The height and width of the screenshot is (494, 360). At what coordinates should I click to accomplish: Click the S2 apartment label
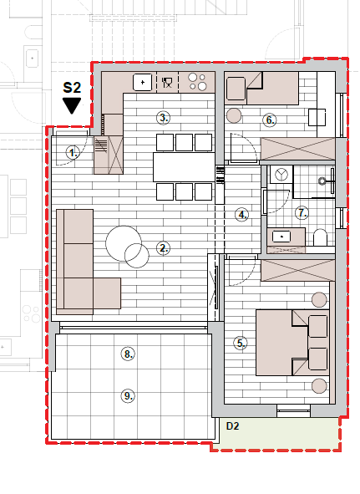[72, 88]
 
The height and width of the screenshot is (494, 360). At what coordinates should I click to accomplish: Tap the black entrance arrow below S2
[72, 105]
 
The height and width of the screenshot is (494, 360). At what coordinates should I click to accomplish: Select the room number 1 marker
[73, 153]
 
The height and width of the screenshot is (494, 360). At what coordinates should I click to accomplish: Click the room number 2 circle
[163, 248]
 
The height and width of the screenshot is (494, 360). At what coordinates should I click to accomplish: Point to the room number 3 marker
[163, 118]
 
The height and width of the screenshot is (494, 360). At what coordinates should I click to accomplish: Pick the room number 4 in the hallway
[241, 215]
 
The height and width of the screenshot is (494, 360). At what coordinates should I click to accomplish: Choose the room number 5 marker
[241, 343]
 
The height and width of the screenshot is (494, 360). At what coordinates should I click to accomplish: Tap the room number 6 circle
[270, 120]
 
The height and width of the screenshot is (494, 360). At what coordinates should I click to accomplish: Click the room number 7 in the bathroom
[302, 213]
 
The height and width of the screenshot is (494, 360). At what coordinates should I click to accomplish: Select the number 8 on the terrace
[128, 354]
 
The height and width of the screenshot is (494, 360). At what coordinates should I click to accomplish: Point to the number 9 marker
[128, 395]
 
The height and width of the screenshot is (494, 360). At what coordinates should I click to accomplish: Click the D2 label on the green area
[233, 426]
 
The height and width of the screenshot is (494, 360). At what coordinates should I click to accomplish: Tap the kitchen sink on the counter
[142, 82]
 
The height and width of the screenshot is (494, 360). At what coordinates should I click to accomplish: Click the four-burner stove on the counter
[197, 82]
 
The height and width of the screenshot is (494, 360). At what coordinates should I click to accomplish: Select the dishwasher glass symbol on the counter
[167, 83]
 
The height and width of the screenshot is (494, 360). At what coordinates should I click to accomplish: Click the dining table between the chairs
[185, 167]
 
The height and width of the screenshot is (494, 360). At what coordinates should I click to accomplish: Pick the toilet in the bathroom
[321, 237]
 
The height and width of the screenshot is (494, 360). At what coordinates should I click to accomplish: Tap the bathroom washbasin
[281, 236]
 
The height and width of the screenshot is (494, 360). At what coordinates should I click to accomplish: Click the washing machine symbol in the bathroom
[281, 174]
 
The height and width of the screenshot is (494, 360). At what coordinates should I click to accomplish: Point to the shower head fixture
[322, 181]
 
